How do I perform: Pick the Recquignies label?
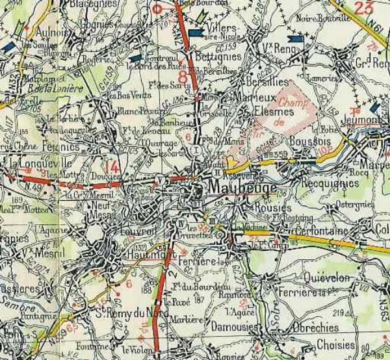point(330,183)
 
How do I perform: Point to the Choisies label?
point(337,345)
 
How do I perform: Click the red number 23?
point(364,8)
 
